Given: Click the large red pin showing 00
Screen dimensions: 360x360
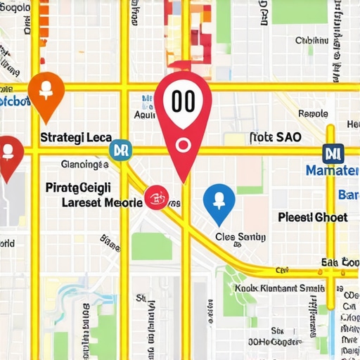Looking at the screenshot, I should tap(183, 105).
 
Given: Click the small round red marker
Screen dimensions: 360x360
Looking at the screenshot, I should tap(156, 198).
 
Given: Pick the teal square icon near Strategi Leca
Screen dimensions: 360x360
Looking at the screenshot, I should tap(120, 149).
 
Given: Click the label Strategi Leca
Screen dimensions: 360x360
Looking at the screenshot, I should tap(75, 138).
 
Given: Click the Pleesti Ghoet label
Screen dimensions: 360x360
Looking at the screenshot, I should tap(313, 217).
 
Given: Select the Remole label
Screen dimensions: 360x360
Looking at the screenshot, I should tap(314, 113).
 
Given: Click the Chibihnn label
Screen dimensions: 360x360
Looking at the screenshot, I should tap(311, 41).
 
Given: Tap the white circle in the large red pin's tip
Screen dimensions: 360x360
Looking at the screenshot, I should tap(184, 145).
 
